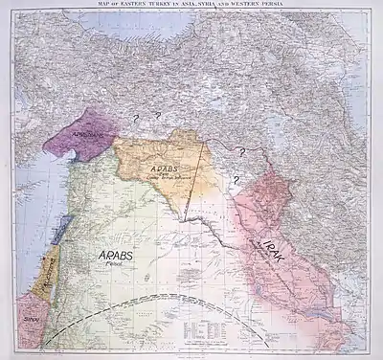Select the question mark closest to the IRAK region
(233, 177)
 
